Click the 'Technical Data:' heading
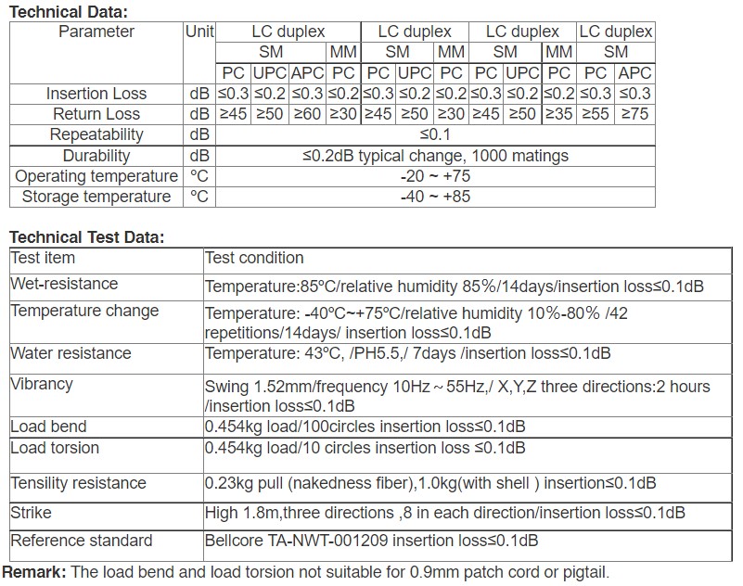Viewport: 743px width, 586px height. coord(68,12)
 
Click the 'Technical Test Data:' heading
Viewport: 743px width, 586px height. coord(86,237)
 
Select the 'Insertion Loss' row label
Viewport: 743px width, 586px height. coord(96,94)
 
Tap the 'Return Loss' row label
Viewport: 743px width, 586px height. coord(96,114)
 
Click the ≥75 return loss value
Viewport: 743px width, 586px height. coord(634,114)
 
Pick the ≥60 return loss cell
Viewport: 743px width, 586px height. coord(308,114)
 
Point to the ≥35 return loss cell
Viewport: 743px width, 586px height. coord(558,114)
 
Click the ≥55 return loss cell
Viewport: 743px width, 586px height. coord(596,114)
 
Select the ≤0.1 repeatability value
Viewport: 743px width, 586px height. coord(434,134)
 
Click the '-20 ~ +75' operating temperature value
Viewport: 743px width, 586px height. coord(434,176)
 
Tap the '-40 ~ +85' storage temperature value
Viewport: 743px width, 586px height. coord(434,197)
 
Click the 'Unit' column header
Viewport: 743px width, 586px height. coord(199,32)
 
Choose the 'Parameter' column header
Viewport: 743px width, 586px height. coord(96,32)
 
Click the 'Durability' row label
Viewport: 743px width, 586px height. coord(96,156)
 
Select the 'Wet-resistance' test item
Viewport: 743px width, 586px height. coord(64,284)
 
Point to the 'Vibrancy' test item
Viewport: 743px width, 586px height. coord(42,384)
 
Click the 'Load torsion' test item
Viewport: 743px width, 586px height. coord(55,448)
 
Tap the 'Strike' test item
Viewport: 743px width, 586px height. coord(31,513)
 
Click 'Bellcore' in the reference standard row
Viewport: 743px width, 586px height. coord(234,541)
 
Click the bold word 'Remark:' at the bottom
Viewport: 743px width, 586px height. coord(34,572)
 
